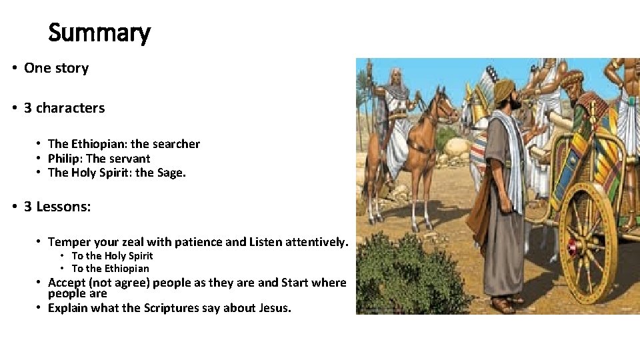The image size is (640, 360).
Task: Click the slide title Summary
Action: (99, 32)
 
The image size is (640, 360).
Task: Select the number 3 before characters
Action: (28, 108)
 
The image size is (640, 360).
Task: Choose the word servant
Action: (128, 159)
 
